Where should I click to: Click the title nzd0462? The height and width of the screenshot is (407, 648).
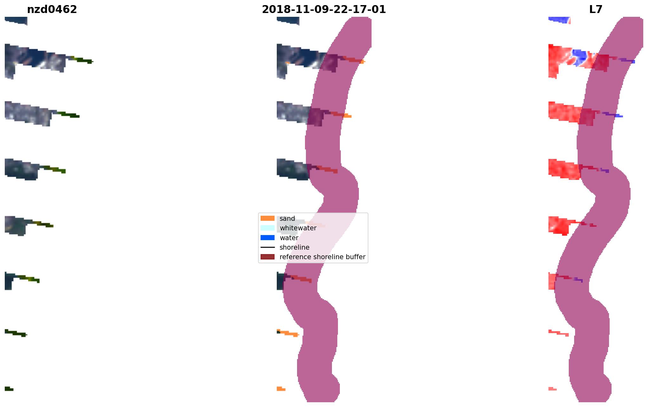point(52,10)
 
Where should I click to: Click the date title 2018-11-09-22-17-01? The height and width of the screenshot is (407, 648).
point(324,10)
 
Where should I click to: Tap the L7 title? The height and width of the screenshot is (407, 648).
point(596,10)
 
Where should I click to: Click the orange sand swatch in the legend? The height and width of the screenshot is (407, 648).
point(268,218)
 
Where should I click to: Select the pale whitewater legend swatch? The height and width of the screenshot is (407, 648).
point(268,228)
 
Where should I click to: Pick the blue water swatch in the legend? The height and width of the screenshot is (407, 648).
point(268,238)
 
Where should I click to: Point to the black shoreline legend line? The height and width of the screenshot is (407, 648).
point(268,247)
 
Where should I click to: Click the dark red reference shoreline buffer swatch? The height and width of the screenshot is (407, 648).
point(268,257)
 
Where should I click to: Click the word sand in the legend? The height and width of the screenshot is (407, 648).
point(287,219)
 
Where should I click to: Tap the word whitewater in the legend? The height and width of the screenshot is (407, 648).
point(298,228)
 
